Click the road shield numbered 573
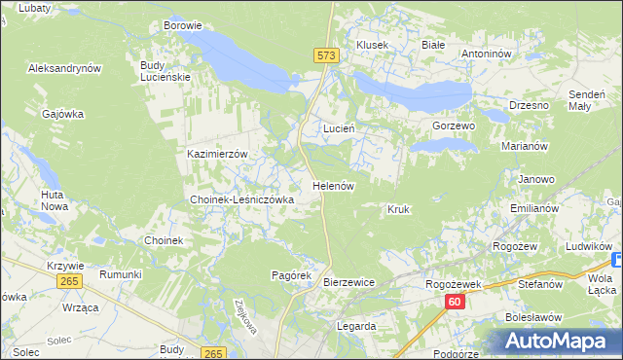point(327,56)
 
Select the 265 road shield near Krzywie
point(68,281)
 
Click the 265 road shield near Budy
point(215,353)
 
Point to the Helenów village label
point(332,185)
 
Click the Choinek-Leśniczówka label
point(240,199)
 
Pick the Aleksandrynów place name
point(65,69)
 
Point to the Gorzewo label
point(453,126)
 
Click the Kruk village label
point(398,209)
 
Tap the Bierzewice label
point(348,282)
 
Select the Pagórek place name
point(290,275)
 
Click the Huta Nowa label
point(54,200)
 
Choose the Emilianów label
point(533,209)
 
